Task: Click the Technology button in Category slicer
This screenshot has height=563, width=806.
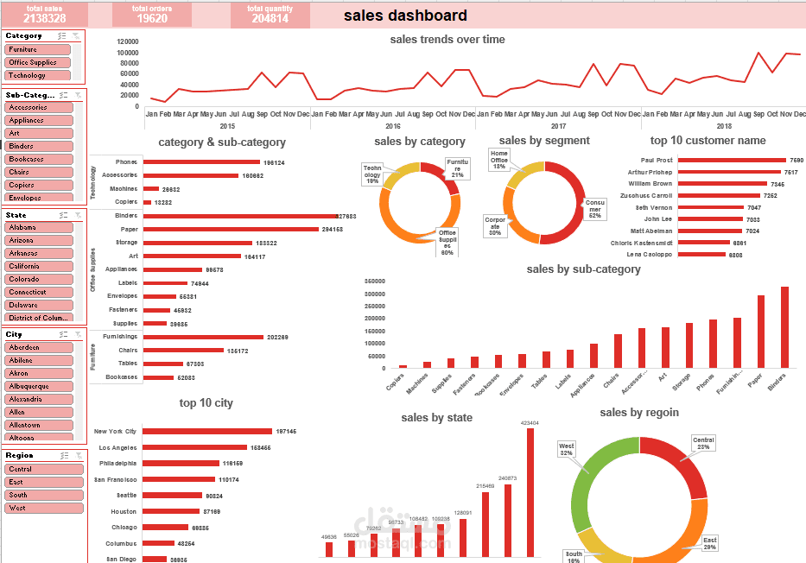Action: click(x=38, y=75)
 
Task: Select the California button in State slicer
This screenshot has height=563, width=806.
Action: click(x=38, y=266)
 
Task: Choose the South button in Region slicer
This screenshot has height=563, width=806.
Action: click(x=38, y=495)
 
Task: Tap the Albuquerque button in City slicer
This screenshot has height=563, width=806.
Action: click(x=38, y=386)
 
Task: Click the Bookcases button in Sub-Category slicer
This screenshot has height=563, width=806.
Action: click(x=38, y=159)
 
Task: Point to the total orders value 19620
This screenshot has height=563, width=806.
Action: click(x=152, y=18)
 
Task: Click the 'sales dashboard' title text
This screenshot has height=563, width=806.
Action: click(x=405, y=16)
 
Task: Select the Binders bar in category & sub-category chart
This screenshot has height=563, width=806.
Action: click(x=239, y=216)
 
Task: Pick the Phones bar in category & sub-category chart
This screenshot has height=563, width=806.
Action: click(x=201, y=162)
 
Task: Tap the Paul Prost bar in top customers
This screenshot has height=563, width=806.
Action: click(x=732, y=160)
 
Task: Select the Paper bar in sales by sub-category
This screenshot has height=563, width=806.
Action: click(x=761, y=332)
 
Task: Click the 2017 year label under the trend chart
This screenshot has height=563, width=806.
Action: click(x=557, y=126)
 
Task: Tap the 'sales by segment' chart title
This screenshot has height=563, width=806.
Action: click(x=544, y=141)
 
